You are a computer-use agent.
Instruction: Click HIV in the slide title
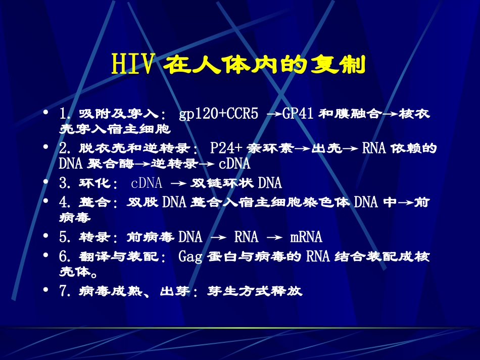(133, 65)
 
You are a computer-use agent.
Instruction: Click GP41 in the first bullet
(298, 114)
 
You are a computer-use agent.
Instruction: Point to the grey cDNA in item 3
(147, 183)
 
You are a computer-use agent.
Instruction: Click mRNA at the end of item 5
(306, 237)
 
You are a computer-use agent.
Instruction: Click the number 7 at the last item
(63, 291)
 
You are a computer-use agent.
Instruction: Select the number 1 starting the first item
(62, 114)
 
